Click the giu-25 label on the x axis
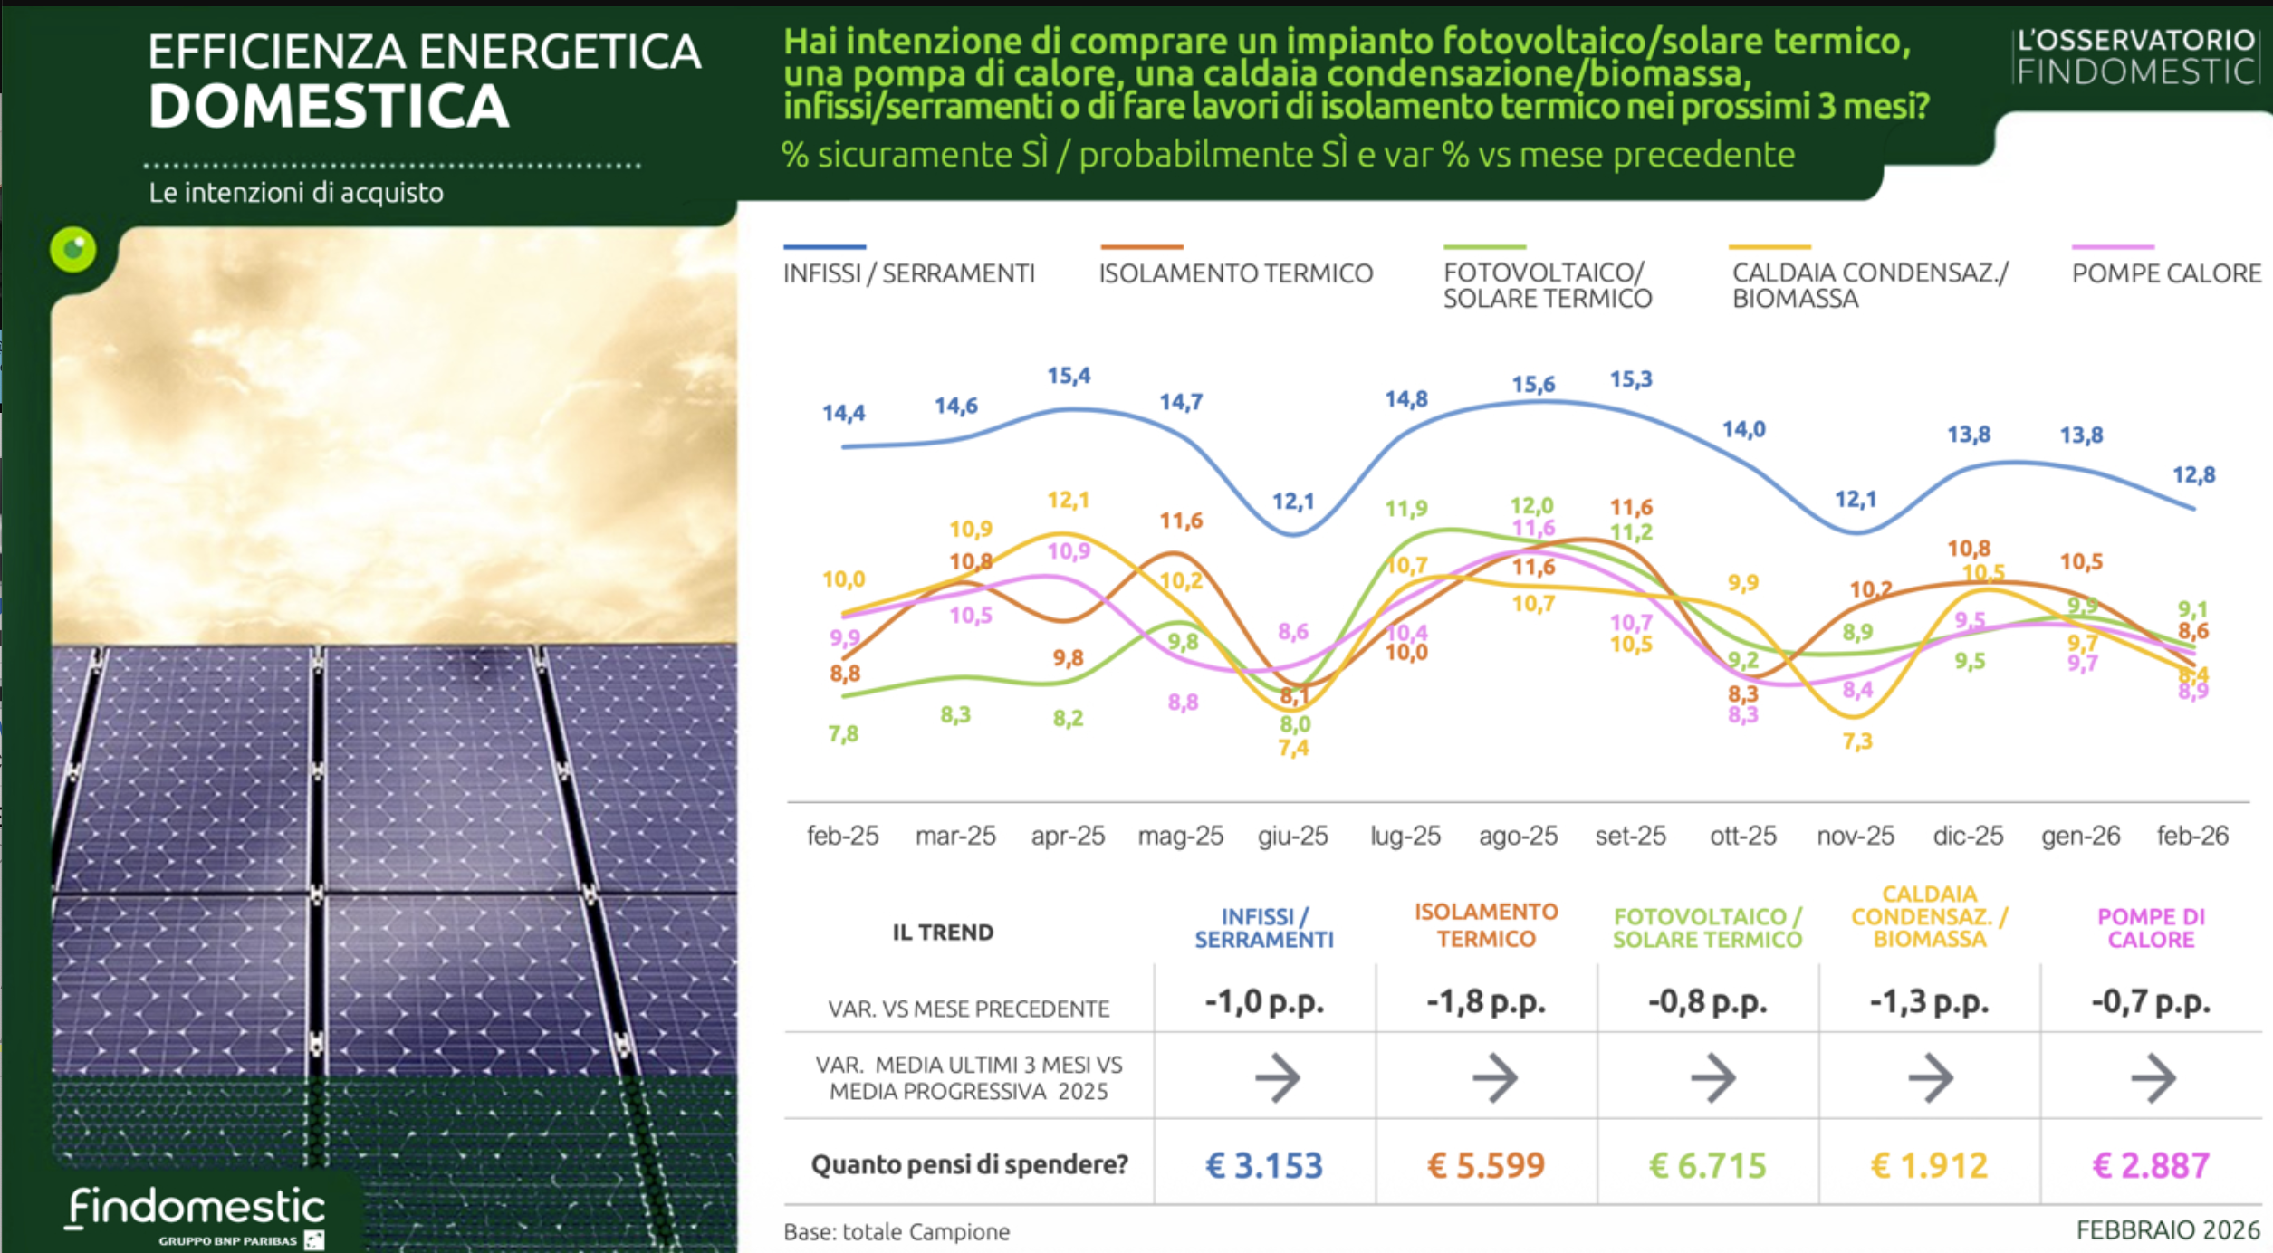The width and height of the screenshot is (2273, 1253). click(1292, 836)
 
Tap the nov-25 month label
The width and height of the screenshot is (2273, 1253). click(1856, 836)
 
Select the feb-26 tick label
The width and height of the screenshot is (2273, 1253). click(2192, 836)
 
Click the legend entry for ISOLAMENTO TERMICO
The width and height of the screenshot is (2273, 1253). click(1235, 273)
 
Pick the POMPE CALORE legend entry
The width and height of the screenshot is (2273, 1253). click(2165, 273)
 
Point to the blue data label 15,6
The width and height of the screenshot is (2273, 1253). click(1533, 385)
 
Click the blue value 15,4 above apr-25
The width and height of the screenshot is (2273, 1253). click(1069, 376)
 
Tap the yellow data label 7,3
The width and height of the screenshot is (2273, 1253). click(1856, 741)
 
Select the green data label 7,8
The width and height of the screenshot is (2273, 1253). click(843, 733)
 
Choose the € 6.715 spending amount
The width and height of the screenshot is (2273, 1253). click(1708, 1165)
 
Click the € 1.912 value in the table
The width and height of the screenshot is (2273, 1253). click(1929, 1165)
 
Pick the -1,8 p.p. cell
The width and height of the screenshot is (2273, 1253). click(1486, 1002)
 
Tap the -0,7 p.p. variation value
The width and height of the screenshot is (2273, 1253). click(2151, 1002)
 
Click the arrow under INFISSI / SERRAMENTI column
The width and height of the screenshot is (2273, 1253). click(1277, 1077)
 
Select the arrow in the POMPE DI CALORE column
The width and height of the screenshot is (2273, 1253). click(2153, 1077)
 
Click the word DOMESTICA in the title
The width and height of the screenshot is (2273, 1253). click(329, 107)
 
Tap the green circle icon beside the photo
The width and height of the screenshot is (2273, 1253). click(73, 249)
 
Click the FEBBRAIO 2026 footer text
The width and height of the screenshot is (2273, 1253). click(2168, 1230)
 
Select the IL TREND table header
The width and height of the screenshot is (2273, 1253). click(943, 933)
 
